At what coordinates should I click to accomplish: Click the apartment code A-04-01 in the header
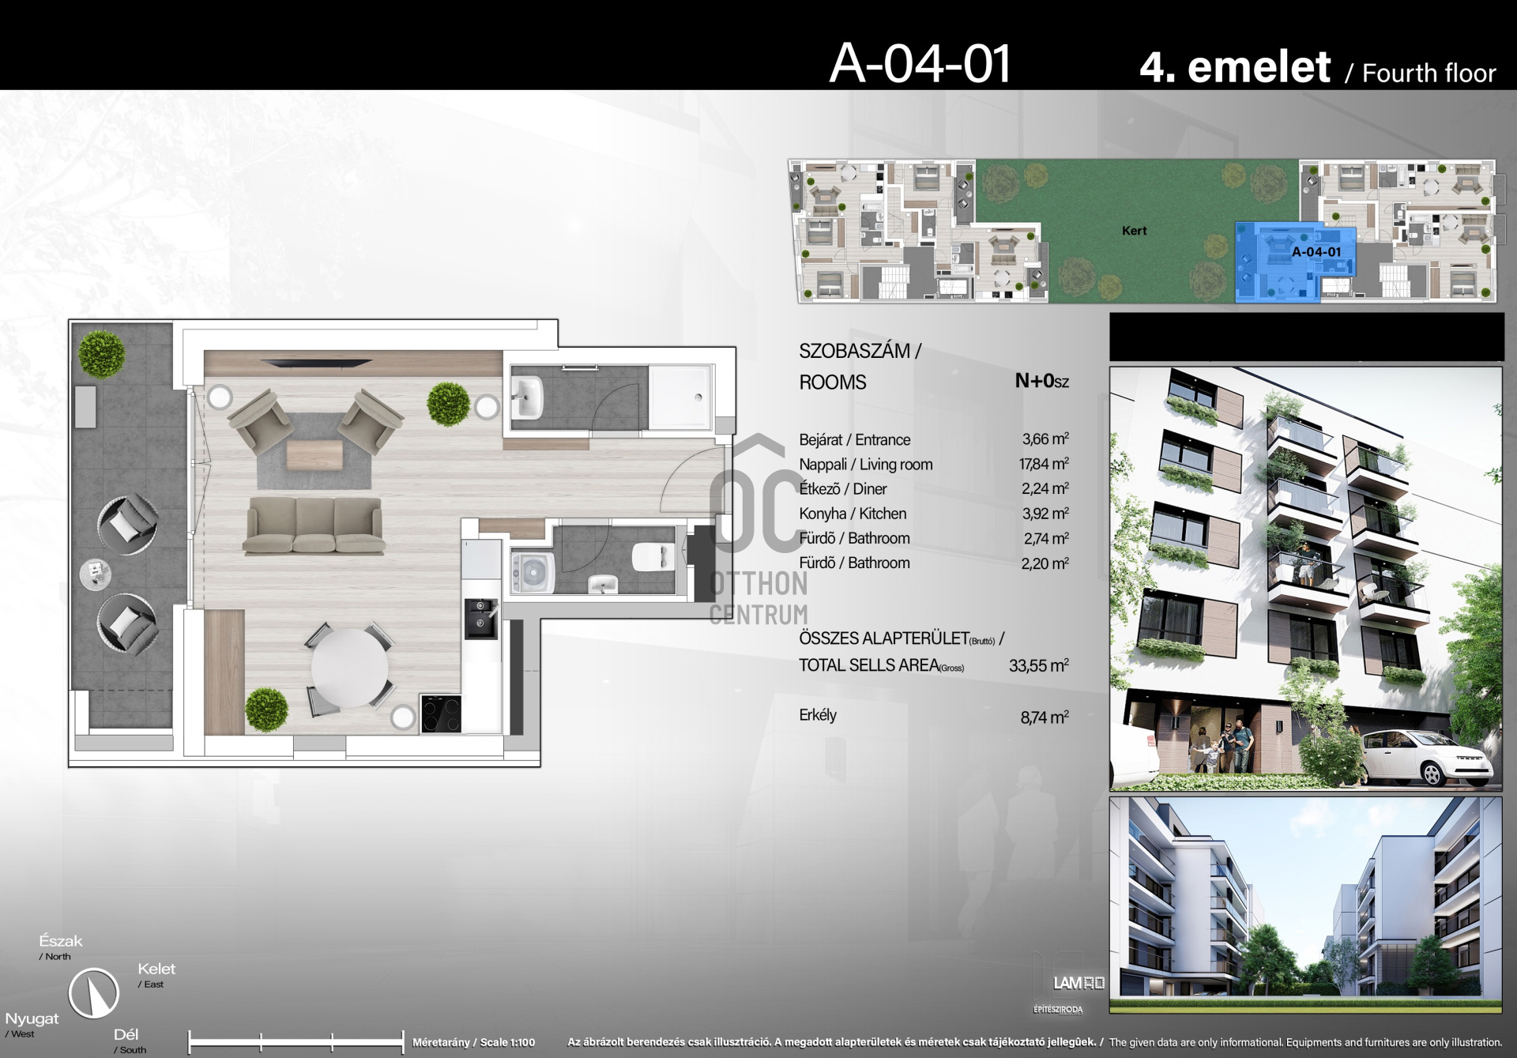920,63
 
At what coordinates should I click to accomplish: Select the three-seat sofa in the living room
314,525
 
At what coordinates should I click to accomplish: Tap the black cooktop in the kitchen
441,713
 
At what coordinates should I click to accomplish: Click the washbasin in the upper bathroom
527,397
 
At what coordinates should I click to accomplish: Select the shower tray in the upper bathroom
680,397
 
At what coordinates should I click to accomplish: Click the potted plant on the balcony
102,354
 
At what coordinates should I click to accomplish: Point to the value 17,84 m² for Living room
1044,464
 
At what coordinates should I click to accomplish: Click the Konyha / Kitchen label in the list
853,514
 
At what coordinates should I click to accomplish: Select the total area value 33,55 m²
1039,665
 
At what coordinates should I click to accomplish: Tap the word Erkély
818,715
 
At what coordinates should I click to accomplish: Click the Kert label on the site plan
1134,231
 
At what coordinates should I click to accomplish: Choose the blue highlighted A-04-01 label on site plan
1316,252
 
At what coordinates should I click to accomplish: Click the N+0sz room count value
1042,381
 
